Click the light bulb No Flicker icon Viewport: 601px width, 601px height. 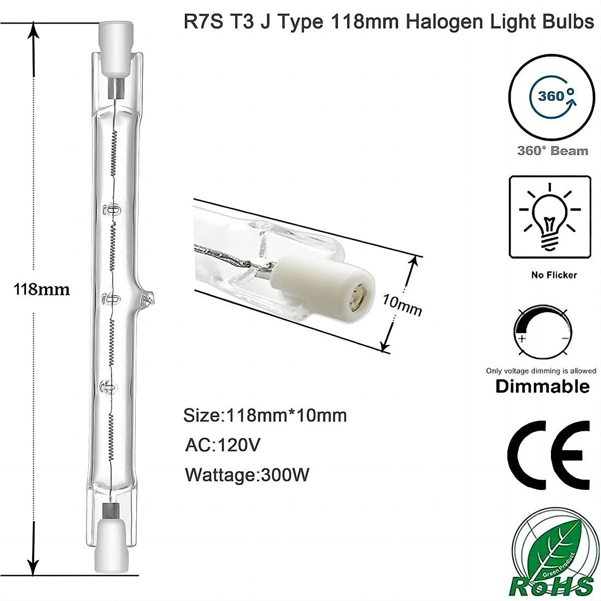pyautogui.click(x=549, y=216)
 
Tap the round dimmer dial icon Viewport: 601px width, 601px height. pyautogui.click(x=543, y=332)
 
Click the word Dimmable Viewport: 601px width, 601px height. pyautogui.click(x=542, y=386)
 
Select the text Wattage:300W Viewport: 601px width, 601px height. pyautogui.click(x=247, y=474)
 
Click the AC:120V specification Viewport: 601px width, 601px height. pyautogui.click(x=222, y=445)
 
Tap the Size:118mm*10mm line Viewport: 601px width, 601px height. pyautogui.click(x=265, y=415)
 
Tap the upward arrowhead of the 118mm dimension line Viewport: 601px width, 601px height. pyautogui.click(x=34, y=31)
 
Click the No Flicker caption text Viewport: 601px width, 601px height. pyautogui.click(x=553, y=275)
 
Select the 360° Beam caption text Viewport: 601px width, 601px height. pyautogui.click(x=552, y=151)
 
